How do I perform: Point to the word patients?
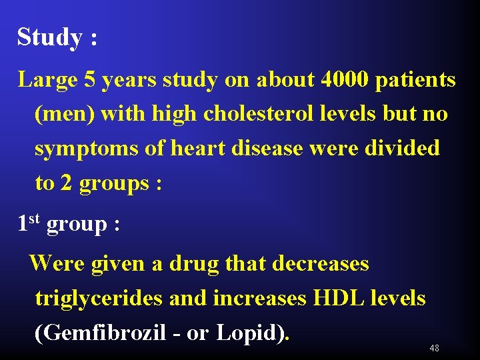click(x=416, y=81)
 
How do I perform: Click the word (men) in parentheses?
click(x=65, y=114)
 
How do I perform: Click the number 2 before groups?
click(x=66, y=183)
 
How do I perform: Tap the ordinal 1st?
click(x=29, y=223)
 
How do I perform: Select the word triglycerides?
click(x=99, y=298)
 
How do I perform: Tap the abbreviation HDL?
click(x=341, y=297)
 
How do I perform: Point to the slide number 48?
click(x=434, y=349)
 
